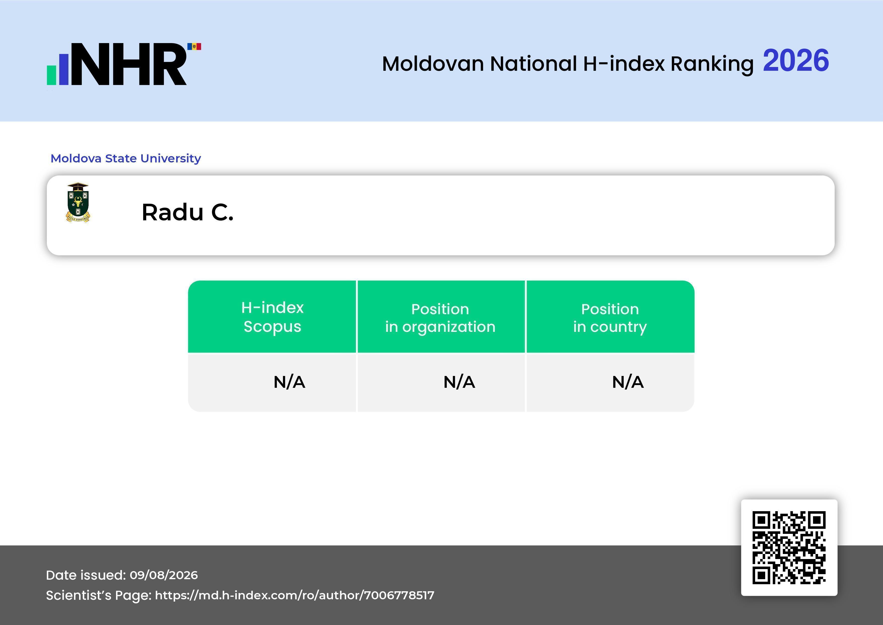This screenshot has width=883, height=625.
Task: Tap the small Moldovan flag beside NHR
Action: [x=194, y=47]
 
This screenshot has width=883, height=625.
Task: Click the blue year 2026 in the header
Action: [x=796, y=60]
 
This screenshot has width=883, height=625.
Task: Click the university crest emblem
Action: [x=78, y=202]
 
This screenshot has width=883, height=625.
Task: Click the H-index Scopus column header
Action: [x=272, y=317]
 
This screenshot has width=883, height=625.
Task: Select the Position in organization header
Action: [x=440, y=318]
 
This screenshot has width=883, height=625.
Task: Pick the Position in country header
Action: [x=610, y=318]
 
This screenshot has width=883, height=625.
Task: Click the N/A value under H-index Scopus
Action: [x=289, y=382]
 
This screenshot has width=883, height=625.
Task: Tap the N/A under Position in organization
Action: [x=459, y=382]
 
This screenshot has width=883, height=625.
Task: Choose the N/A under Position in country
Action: [x=628, y=382]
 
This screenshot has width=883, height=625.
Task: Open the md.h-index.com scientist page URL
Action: [x=295, y=595]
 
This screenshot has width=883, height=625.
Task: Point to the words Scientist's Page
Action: [x=98, y=595]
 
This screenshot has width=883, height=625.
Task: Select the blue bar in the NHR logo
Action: [x=63, y=69]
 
